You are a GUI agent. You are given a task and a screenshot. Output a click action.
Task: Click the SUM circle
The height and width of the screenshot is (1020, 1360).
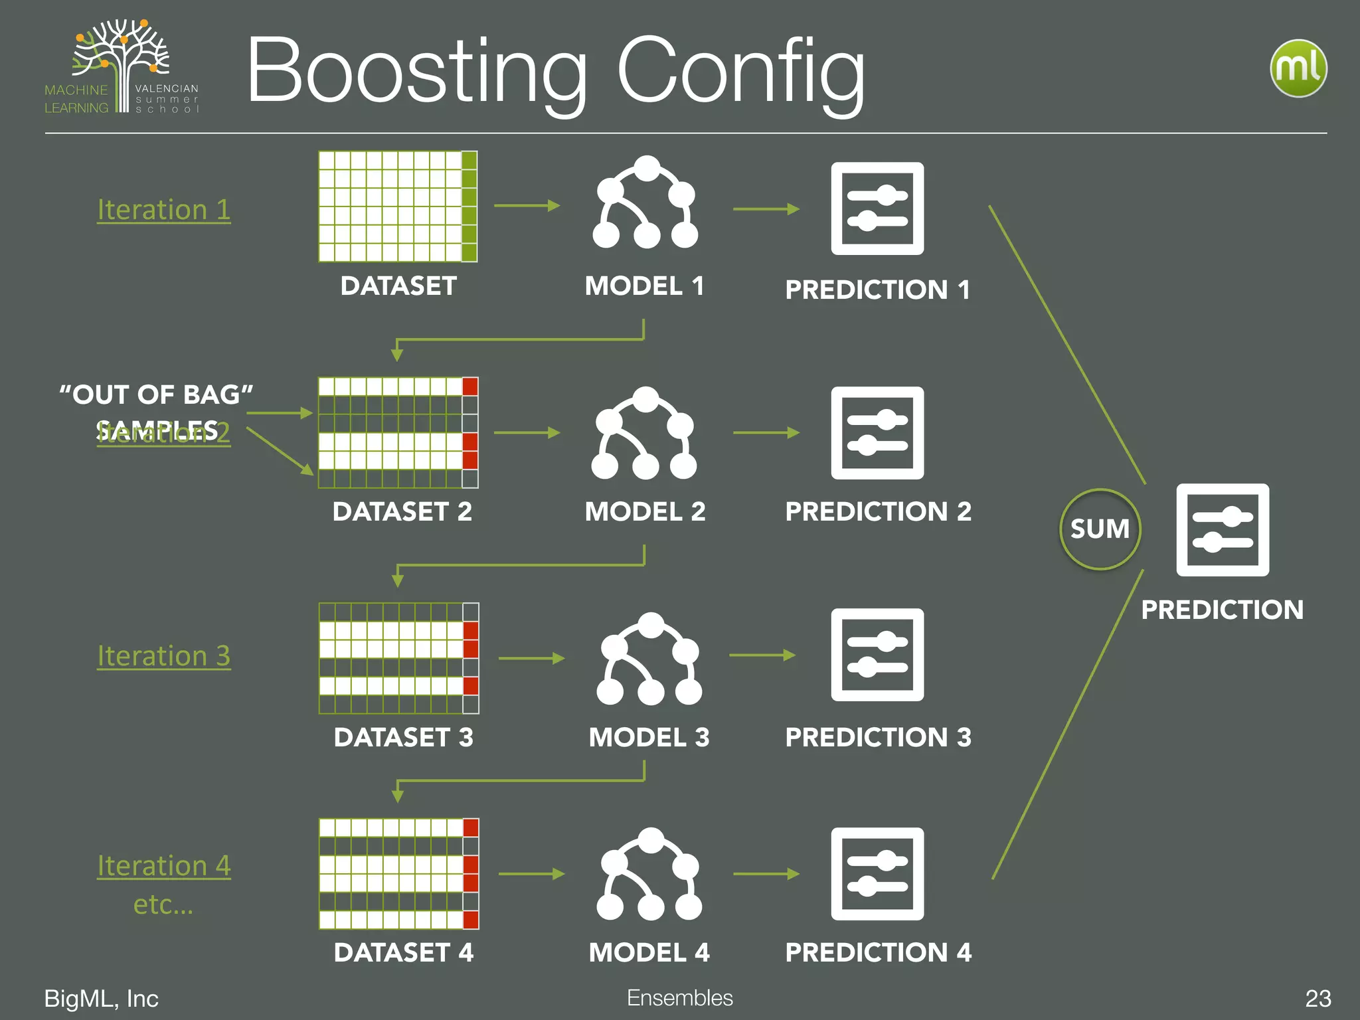coord(1100,529)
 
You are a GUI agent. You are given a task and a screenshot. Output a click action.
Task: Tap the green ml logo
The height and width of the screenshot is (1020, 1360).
coord(1298,68)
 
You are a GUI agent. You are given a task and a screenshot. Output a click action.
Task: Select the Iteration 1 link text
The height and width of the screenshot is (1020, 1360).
coord(163,210)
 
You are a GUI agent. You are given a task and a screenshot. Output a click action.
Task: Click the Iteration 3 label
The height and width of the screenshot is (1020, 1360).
coord(163,656)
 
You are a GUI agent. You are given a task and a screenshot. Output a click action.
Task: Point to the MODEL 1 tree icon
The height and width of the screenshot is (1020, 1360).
coord(645,203)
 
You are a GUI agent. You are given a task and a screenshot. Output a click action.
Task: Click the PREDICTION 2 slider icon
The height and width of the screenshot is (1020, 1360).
coord(877,433)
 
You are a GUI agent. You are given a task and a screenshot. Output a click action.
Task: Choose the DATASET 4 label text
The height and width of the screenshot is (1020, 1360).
coord(403,952)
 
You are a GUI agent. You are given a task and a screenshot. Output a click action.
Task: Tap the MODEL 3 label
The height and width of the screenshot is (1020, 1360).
coord(649,737)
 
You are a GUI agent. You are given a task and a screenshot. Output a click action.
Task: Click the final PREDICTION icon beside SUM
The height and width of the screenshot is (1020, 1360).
coord(1222,530)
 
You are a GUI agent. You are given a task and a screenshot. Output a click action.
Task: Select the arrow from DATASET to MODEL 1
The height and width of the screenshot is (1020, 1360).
coord(527,206)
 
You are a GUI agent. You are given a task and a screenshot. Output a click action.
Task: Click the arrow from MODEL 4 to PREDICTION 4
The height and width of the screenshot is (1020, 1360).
coord(766,874)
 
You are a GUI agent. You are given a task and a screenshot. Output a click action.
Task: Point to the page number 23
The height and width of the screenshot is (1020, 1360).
coord(1317,998)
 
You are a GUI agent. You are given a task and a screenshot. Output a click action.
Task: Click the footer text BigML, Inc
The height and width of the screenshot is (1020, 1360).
coord(101,998)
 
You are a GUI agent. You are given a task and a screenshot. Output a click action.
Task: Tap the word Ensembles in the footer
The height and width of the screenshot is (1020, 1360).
coord(679,997)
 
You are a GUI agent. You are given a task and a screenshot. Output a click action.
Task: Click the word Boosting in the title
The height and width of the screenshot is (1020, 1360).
coord(417,72)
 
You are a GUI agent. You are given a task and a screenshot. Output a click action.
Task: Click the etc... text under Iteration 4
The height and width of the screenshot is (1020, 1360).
coord(163,904)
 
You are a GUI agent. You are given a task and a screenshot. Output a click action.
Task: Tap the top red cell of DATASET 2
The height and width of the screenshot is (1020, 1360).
coord(470,386)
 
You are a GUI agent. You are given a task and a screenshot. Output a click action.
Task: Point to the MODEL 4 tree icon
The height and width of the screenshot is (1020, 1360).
coord(649,875)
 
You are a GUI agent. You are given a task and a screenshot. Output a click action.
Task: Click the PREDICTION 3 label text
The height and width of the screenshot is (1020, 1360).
coord(878,737)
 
